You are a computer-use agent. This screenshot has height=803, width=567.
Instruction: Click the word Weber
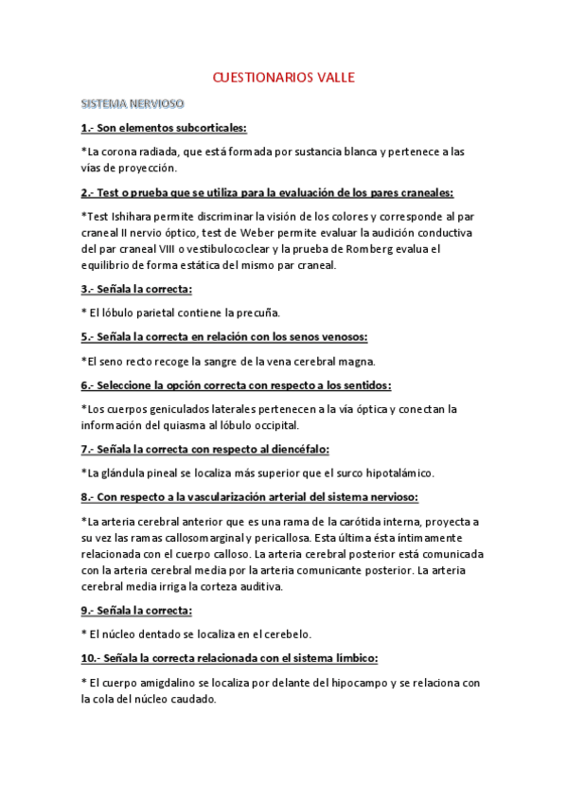(x=291, y=232)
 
